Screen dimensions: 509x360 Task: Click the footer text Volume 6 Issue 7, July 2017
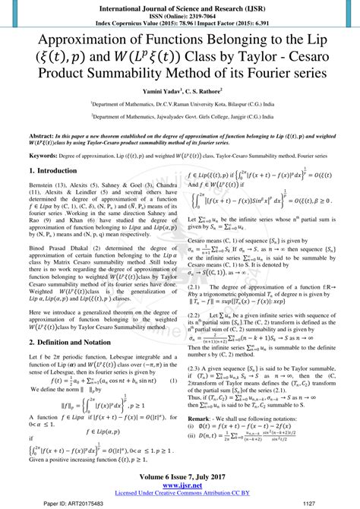tap(179, 478)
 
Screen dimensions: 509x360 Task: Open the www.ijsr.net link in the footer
tap(179, 486)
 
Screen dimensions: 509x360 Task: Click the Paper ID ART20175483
tap(70, 502)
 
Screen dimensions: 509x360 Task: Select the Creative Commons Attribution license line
tap(179, 494)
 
